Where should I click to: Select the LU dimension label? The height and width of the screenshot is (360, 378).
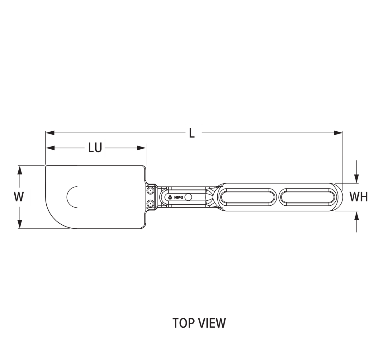coord(95,148)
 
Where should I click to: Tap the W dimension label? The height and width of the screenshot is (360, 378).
coord(20,197)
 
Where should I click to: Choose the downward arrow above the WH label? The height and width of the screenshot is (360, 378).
coord(357,177)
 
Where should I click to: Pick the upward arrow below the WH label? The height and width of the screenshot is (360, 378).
coord(357,216)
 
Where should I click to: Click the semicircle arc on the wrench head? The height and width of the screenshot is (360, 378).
coord(71,197)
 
